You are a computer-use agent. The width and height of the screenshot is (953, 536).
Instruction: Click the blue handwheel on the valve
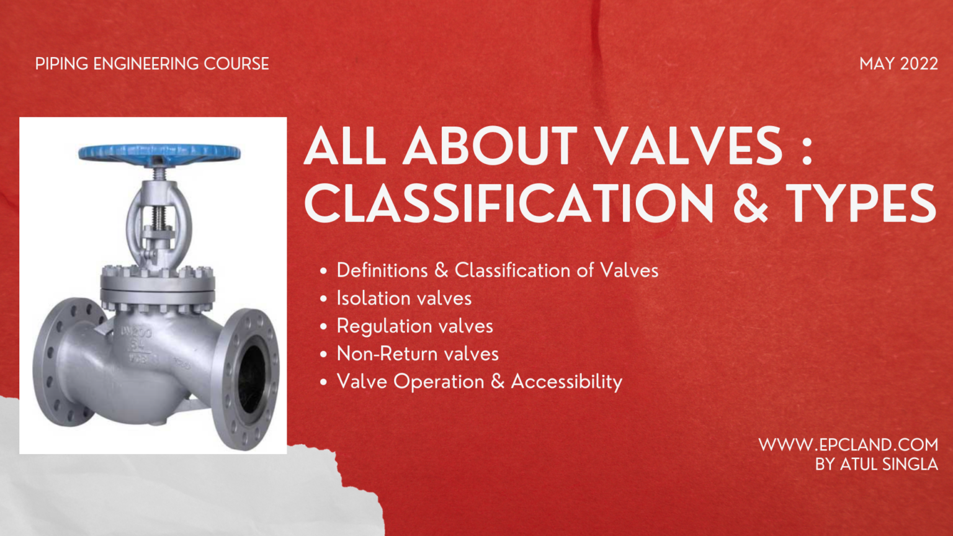(x=159, y=152)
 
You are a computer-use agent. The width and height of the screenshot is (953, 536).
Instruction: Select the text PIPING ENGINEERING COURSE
(x=152, y=64)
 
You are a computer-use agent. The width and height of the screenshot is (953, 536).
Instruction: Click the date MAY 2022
(x=898, y=64)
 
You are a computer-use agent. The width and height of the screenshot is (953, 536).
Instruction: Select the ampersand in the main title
(x=750, y=204)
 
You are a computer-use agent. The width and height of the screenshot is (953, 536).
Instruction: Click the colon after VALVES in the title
(x=807, y=149)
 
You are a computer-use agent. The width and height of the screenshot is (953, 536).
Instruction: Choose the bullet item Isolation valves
(x=404, y=298)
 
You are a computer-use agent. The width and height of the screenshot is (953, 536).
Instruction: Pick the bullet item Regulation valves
(x=414, y=326)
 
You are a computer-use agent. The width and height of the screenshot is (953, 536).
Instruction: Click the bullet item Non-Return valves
(x=418, y=354)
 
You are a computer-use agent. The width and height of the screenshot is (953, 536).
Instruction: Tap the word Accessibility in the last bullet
(x=566, y=382)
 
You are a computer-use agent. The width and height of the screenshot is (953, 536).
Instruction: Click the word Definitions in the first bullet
(x=382, y=270)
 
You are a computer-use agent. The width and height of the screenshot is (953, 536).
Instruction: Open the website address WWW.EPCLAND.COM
(x=848, y=445)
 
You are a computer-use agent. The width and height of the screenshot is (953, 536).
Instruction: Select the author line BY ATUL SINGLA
(x=876, y=464)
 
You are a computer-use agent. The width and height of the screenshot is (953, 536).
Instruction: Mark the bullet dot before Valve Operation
(x=323, y=382)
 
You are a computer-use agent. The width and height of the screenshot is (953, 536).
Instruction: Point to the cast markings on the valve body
(x=137, y=344)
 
